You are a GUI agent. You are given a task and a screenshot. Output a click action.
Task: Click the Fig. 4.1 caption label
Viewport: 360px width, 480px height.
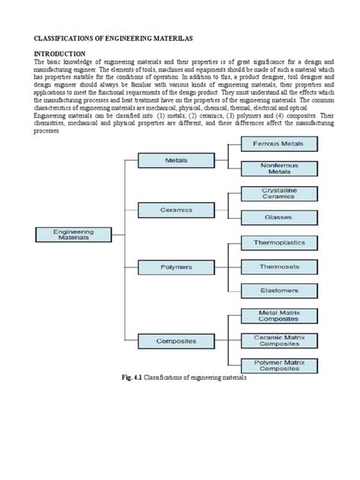click(130, 377)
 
